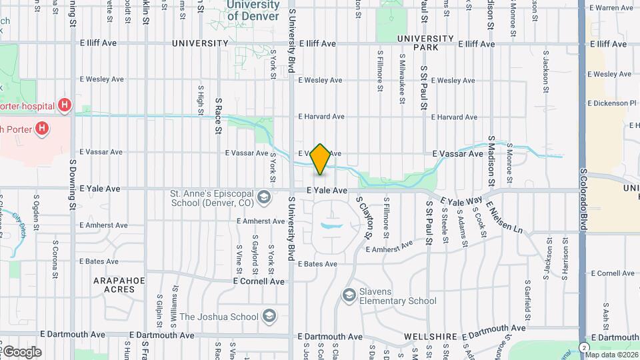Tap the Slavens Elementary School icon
349,294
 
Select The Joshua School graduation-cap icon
269,315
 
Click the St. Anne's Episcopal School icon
265,197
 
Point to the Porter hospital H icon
65,105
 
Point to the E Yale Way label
461,201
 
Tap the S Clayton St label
363,218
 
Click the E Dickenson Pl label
613,103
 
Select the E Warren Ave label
611,8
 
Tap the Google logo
21,351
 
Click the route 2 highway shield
585,348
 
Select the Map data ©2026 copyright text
611,355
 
